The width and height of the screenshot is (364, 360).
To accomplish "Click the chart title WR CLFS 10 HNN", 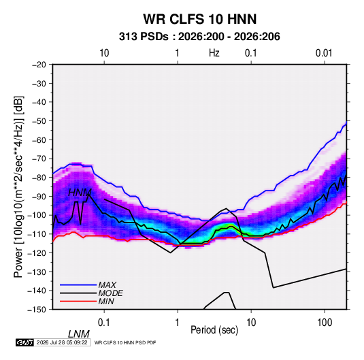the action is coord(200,19).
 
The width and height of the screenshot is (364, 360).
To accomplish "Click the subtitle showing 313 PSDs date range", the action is coord(199,37).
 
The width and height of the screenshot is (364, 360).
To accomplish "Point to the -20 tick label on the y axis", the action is coord(39,65).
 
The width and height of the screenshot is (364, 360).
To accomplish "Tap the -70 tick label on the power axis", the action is coord(39,159).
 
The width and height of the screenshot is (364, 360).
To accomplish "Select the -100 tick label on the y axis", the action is coord(37,215).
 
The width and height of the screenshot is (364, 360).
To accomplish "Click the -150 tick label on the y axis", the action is coord(37,310).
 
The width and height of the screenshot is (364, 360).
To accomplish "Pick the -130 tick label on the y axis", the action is coord(37,272).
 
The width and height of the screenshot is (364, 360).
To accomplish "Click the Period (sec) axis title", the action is coord(214,330).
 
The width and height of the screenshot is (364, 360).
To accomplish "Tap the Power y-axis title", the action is coord(18,186).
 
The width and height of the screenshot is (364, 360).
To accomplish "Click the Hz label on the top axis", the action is coord(214,53).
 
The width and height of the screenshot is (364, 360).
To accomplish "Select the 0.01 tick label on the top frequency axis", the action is coord(324,53).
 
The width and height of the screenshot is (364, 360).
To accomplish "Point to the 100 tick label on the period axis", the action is coord(325,323).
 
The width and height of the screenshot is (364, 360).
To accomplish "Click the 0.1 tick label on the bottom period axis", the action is coord(104,323).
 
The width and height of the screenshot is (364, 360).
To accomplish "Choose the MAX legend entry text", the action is coord(107,284).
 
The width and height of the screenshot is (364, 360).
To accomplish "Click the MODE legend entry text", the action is coord(110,293).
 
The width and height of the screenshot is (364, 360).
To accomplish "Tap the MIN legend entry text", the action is coord(106,301).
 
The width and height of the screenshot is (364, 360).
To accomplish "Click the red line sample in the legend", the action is coord(78,301).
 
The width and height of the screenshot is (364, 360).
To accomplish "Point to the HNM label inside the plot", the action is coord(80,193).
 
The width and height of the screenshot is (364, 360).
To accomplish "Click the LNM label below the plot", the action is coord(78,334).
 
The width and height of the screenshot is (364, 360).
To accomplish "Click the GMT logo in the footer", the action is coord(24,342).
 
